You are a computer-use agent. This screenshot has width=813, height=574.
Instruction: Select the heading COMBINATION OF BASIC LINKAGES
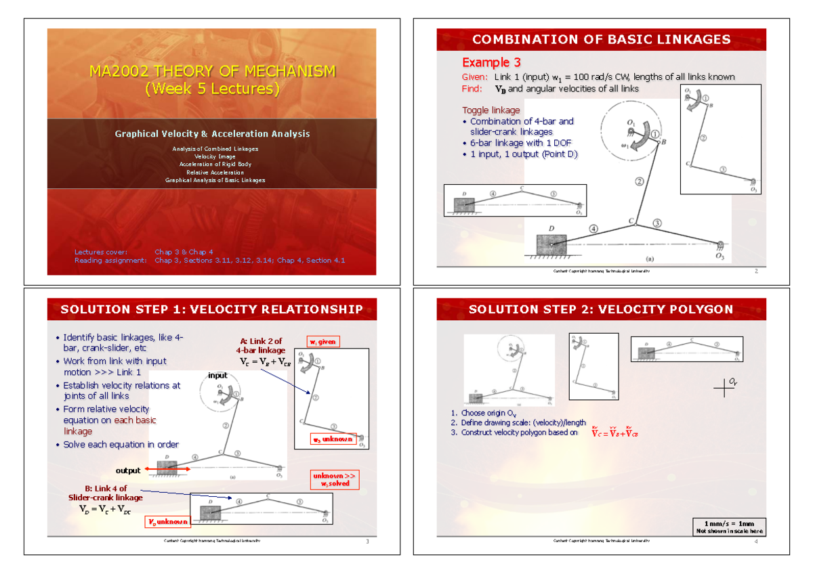(601, 39)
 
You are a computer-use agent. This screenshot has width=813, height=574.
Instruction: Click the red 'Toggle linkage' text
(491, 110)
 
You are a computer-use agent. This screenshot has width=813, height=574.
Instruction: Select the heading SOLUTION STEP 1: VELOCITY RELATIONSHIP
(211, 309)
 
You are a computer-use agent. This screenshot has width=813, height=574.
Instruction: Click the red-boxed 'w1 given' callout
(322, 342)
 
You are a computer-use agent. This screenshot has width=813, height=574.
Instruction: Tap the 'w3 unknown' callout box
(332, 439)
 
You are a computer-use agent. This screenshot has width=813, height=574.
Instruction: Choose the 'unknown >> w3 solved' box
(335, 480)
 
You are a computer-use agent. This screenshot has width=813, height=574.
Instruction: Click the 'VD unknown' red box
(168, 523)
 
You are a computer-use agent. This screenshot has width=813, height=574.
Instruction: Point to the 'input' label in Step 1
(217, 376)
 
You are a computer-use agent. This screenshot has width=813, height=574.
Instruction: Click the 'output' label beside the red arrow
(127, 470)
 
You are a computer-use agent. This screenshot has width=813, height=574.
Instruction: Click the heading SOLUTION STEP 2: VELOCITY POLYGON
(601, 309)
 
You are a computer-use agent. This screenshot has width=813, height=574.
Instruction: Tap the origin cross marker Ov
(724, 388)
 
